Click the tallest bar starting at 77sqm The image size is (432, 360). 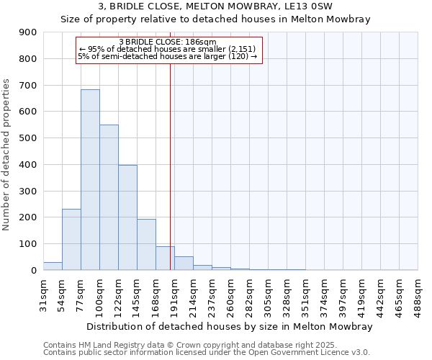pos(90,180)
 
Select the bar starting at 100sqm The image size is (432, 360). pos(109,198)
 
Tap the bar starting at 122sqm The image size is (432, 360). pos(127,217)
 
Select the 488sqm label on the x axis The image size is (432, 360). pos(418,295)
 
